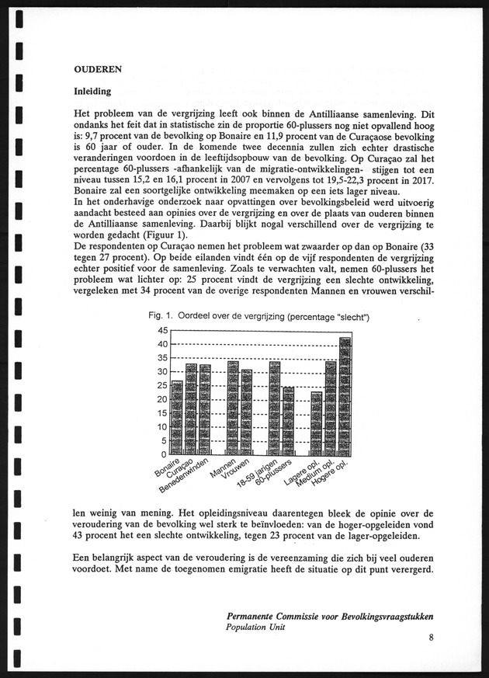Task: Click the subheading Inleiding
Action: click(x=92, y=91)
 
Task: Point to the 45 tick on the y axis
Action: click(x=161, y=331)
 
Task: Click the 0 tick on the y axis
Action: click(x=164, y=454)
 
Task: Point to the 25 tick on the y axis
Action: click(x=161, y=386)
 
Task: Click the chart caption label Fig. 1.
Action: click(x=161, y=316)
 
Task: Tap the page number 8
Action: click(x=430, y=638)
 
